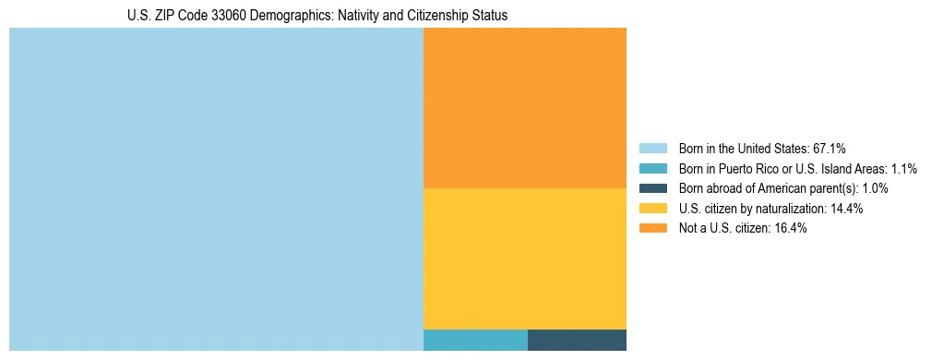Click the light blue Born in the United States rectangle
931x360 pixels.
point(216,189)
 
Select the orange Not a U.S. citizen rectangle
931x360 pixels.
point(524,108)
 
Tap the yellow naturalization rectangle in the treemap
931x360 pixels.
point(524,258)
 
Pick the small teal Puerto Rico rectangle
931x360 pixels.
point(475,340)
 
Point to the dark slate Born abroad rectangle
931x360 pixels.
point(577,340)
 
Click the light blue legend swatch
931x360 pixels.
point(652,148)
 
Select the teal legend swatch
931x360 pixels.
point(652,168)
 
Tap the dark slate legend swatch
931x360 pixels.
point(652,188)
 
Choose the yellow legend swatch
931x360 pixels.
point(652,209)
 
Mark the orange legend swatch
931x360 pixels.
point(652,229)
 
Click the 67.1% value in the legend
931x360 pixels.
point(829,148)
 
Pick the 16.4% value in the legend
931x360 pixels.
point(791,229)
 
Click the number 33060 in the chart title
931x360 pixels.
point(214,16)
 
